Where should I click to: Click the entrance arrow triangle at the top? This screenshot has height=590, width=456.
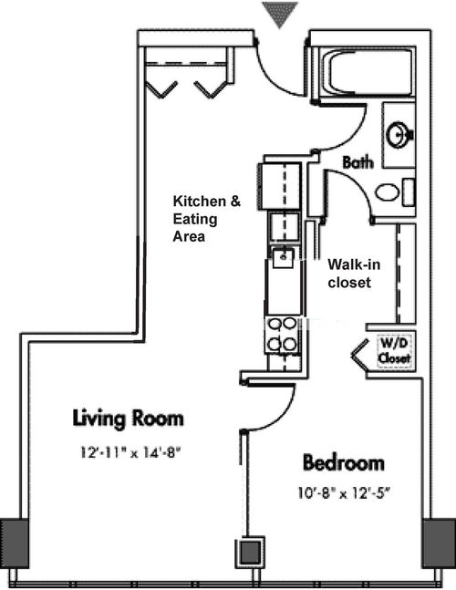pyautogui.click(x=280, y=13)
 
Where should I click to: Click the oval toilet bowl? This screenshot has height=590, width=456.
pyautogui.click(x=388, y=192)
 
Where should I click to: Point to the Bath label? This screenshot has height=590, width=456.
pyautogui.click(x=358, y=162)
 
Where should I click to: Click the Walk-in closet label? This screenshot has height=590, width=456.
pyautogui.click(x=354, y=274)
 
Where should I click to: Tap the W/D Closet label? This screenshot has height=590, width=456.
pyautogui.click(x=394, y=350)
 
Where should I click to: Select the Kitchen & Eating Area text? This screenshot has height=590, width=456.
pyautogui.click(x=206, y=219)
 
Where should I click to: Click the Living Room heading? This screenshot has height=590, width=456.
pyautogui.click(x=129, y=418)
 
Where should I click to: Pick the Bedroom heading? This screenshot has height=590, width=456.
pyautogui.click(x=344, y=462)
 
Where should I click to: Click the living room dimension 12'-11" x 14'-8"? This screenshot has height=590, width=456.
pyautogui.click(x=130, y=452)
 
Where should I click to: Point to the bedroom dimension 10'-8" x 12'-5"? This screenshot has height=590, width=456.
pyautogui.click(x=343, y=492)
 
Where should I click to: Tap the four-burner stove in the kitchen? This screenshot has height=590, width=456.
pyautogui.click(x=282, y=336)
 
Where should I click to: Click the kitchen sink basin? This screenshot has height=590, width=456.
pyautogui.click(x=283, y=258)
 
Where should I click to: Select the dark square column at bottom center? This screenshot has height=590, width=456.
pyautogui.click(x=250, y=553)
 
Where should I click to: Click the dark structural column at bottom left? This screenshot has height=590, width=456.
pyautogui.click(x=15, y=543)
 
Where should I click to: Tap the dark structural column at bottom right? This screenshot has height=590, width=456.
pyautogui.click(x=439, y=543)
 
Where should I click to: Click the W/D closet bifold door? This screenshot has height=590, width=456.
pyautogui.click(x=359, y=354)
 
